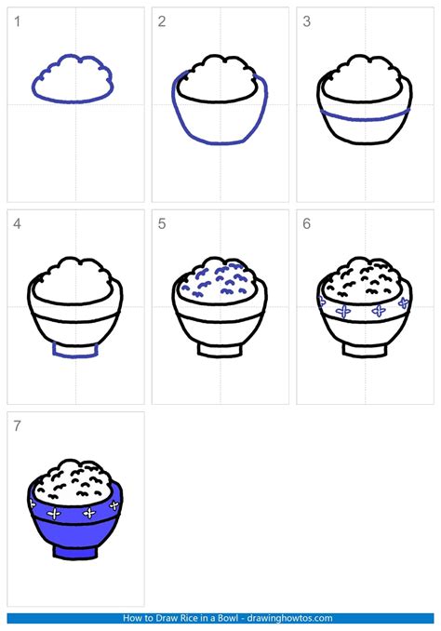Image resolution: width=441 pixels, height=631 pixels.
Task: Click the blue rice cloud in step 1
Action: click(74, 78)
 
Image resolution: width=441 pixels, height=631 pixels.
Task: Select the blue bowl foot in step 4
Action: click(75, 349)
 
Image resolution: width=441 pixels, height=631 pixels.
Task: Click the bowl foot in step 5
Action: click(220, 349)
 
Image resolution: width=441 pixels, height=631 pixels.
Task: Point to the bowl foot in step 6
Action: click(365, 349)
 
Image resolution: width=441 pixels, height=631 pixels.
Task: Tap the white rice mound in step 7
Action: click(75, 477)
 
